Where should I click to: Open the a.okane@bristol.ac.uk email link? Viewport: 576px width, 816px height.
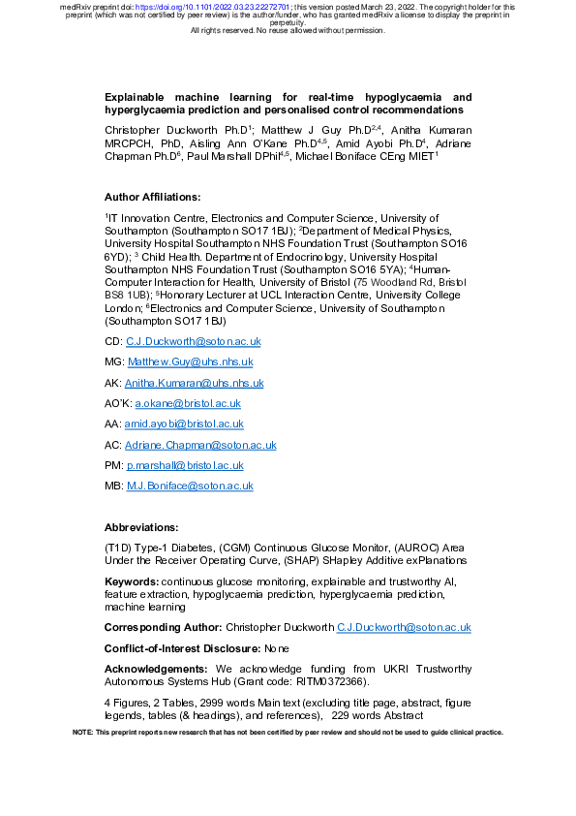pyautogui.click(x=188, y=403)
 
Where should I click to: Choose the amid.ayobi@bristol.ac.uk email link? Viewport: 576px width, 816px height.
pyautogui.click(x=184, y=424)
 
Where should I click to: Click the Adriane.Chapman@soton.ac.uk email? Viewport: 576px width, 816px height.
pyautogui.click(x=200, y=445)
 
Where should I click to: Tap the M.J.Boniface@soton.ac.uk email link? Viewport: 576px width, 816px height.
pyautogui.click(x=190, y=486)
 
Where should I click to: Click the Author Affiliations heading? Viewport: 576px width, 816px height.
pyautogui.click(x=153, y=197)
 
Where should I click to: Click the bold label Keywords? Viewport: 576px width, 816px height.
pyautogui.click(x=132, y=581)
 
